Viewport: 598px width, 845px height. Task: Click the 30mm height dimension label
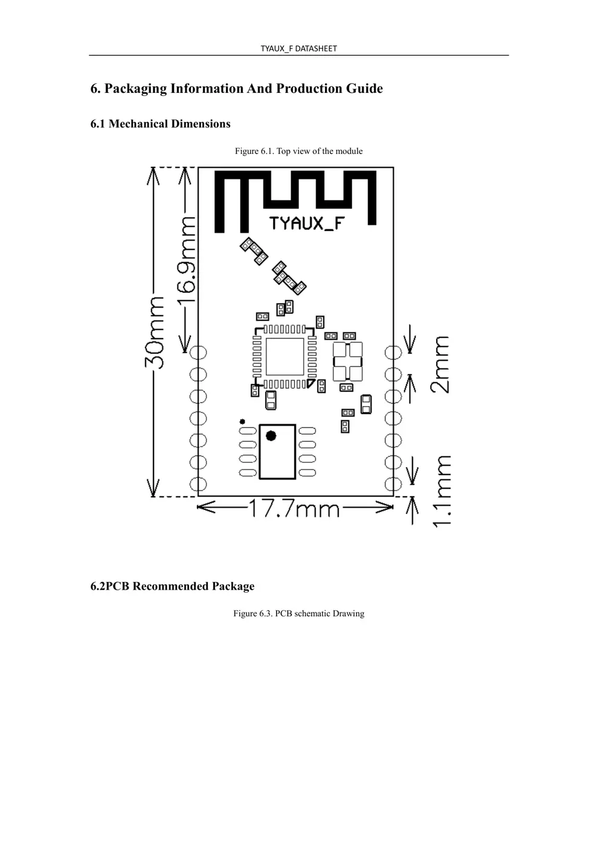(155, 333)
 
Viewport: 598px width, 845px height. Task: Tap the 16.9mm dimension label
(186, 260)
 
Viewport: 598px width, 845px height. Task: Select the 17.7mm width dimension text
(294, 509)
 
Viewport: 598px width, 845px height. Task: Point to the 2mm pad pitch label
(440, 365)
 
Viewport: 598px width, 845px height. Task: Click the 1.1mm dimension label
(442, 491)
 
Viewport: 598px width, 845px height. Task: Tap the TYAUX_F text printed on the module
(307, 224)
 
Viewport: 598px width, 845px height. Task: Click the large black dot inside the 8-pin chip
(271, 436)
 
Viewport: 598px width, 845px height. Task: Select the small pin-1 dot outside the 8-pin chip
(242, 422)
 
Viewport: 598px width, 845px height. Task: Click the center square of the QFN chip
(285, 357)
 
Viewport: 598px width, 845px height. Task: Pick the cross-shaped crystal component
(348, 362)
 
